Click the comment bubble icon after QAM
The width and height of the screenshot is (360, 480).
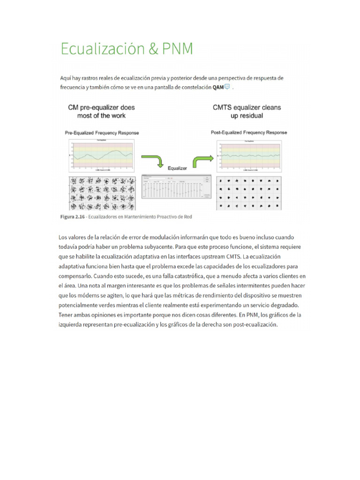(x=227, y=87)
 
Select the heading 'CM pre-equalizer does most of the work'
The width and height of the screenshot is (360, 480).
(x=101, y=111)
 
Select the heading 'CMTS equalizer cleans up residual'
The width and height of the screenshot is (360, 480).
(x=247, y=111)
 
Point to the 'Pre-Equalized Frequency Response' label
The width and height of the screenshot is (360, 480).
(x=101, y=133)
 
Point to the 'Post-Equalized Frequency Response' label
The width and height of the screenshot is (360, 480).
(x=249, y=133)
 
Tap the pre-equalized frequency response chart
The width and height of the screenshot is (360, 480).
(x=101, y=154)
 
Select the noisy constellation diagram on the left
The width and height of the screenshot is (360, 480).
(x=101, y=193)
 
